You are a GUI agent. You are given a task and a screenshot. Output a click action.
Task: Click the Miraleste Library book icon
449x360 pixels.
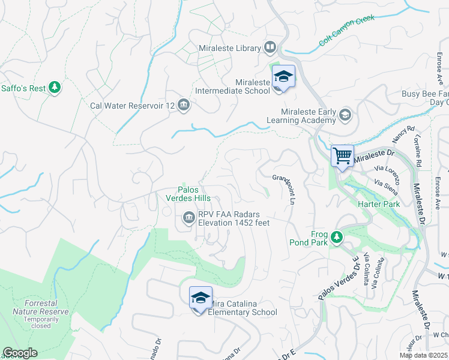point(270,47)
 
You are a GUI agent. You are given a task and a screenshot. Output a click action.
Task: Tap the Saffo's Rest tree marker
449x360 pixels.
point(55,88)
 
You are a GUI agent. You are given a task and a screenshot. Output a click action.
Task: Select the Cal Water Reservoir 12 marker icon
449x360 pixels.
point(184,106)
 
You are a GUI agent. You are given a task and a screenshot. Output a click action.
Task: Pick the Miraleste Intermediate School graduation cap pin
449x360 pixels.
point(283,77)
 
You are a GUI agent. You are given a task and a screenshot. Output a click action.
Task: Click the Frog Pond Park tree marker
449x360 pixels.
point(336,238)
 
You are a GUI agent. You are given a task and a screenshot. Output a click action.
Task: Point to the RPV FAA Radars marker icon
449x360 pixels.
point(188,217)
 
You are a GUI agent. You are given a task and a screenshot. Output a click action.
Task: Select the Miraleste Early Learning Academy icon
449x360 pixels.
point(345,114)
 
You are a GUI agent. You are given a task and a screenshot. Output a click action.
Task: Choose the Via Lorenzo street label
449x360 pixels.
point(387,171)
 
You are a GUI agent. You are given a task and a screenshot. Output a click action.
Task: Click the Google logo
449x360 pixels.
point(20,353)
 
